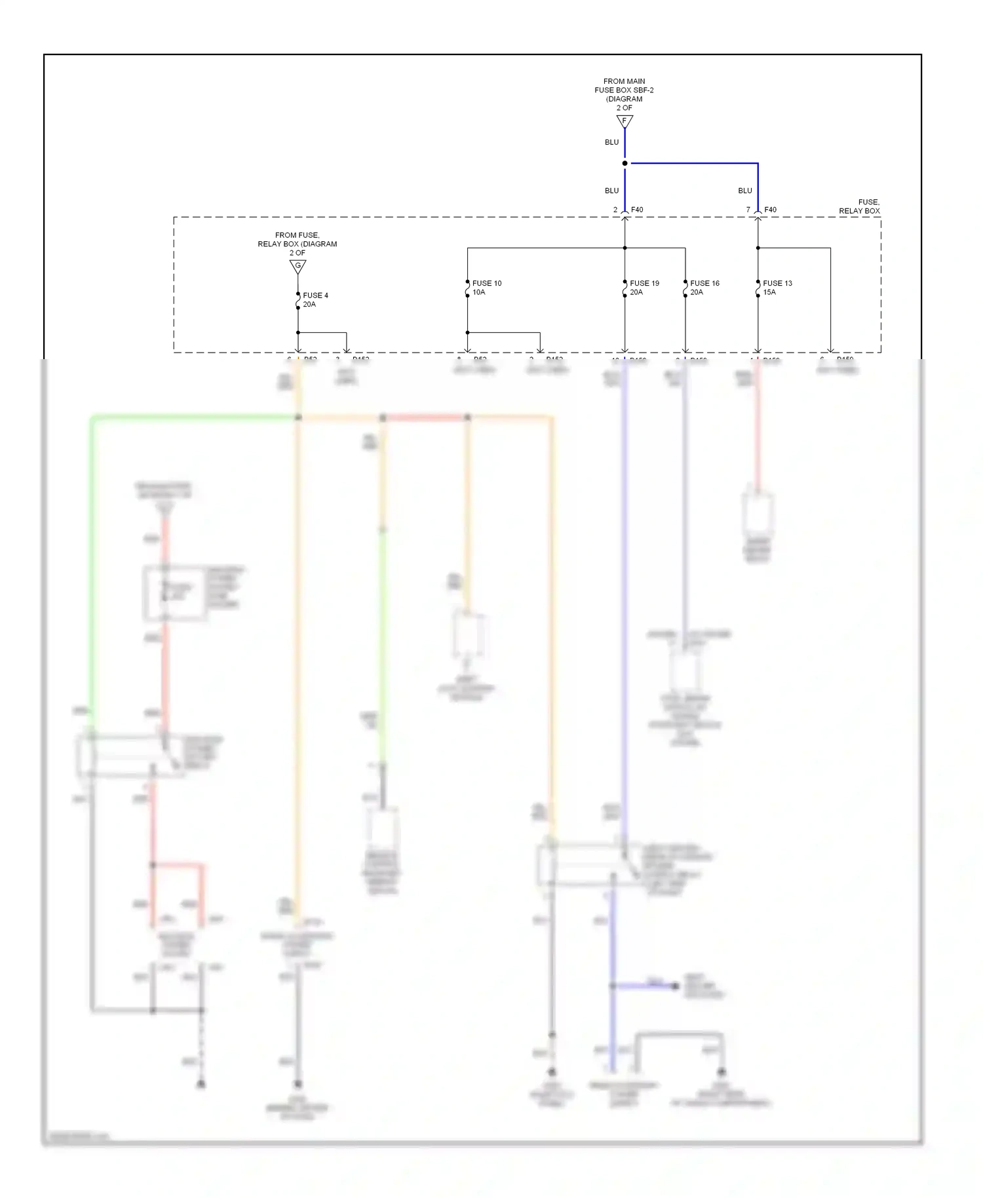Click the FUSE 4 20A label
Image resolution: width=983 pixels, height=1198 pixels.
315,299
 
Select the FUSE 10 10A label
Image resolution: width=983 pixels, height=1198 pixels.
486,288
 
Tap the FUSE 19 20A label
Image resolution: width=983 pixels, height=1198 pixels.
644,288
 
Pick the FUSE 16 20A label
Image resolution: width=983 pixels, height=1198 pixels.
704,288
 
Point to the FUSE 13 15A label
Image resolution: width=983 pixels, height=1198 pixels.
777,288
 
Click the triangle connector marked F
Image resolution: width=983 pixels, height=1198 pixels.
625,121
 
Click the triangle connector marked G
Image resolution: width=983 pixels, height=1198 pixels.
298,266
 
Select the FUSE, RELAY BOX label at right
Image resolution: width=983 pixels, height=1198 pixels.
859,206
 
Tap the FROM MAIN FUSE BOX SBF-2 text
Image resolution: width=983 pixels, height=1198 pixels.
624,90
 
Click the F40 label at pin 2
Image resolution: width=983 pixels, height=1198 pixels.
637,210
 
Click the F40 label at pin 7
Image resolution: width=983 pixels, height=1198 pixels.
770,210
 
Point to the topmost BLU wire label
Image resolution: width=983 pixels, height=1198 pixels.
611,142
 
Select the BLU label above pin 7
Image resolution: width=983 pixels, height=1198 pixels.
745,191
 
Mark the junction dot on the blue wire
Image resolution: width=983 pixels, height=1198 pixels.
625,163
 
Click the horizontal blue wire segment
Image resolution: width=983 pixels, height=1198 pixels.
695,163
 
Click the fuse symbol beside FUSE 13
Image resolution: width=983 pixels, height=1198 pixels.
758,288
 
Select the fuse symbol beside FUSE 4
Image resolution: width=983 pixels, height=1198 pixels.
298,300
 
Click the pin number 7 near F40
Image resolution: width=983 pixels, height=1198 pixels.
748,210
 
